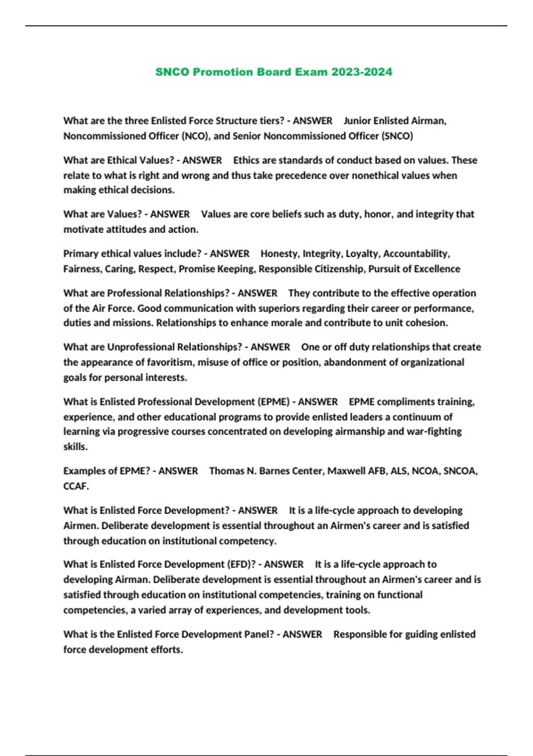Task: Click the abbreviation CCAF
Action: (x=76, y=487)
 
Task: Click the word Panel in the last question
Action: (x=258, y=635)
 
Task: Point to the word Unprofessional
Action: (x=140, y=347)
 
